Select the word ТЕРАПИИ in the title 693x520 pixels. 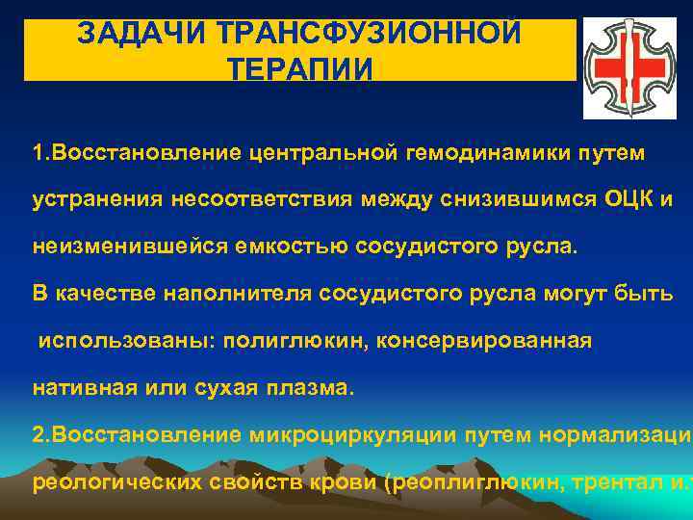298,69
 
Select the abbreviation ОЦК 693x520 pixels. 629,199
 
